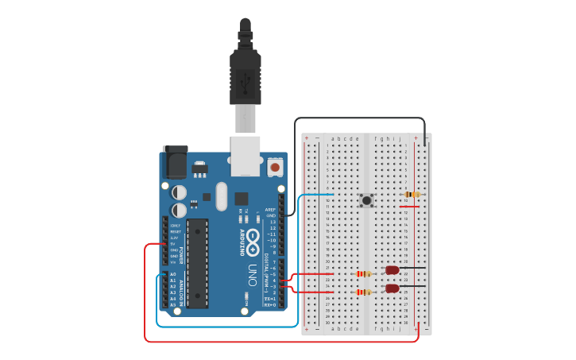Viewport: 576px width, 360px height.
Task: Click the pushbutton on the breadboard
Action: pos(366,200)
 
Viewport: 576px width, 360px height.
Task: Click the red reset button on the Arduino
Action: pos(275,167)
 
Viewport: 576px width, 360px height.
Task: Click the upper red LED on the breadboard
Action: pos(392,270)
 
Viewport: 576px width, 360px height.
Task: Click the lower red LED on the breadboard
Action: pos(392,288)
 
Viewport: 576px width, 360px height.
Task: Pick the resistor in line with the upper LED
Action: pos(364,273)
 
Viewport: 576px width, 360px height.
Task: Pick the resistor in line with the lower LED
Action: pos(364,292)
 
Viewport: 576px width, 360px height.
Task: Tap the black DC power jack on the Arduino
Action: pos(175,163)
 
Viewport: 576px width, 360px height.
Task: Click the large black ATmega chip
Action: pos(197,263)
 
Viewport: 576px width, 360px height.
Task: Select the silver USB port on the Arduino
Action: pos(245,155)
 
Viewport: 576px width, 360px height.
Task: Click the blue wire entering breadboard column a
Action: pos(318,194)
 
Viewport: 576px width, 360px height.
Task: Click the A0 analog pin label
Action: pos(173,274)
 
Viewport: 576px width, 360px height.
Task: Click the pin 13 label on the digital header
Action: pos(273,222)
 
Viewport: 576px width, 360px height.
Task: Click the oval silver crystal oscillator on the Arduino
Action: pos(221,196)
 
